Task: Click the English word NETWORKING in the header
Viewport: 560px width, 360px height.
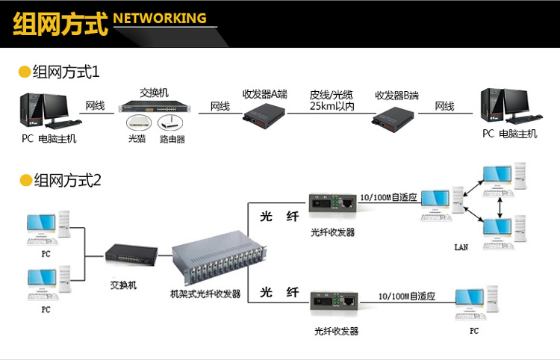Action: tap(160, 18)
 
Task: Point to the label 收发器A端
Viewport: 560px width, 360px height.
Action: tap(264, 95)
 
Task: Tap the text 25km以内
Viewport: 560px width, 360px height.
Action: tap(332, 107)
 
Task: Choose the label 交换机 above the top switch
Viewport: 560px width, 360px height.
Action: tap(155, 93)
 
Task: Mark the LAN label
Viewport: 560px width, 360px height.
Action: tap(461, 246)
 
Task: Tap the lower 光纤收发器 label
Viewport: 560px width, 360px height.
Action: tap(336, 331)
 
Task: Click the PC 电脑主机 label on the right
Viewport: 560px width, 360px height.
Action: tap(509, 134)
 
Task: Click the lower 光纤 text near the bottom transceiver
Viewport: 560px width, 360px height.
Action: tap(279, 292)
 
